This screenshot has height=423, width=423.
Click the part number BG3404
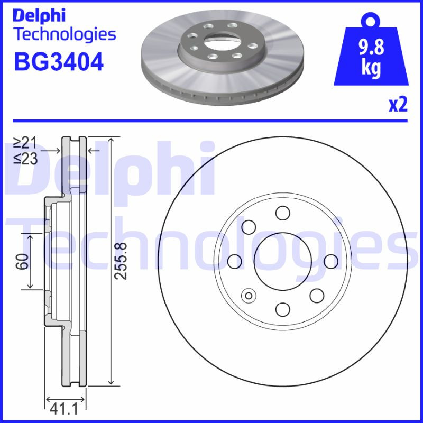pos(58,62)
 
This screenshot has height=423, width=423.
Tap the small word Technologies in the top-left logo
pos(64,35)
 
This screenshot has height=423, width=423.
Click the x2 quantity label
pos(398,105)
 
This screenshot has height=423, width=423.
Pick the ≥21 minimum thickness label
pos(25,142)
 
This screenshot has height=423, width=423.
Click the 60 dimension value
pos(22,261)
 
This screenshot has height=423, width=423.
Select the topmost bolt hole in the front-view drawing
pos(282,213)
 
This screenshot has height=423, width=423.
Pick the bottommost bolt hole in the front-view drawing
pos(282,309)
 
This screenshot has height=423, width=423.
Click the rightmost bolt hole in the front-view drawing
pos(330,261)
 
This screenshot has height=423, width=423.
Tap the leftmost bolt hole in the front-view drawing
pos(234,261)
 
